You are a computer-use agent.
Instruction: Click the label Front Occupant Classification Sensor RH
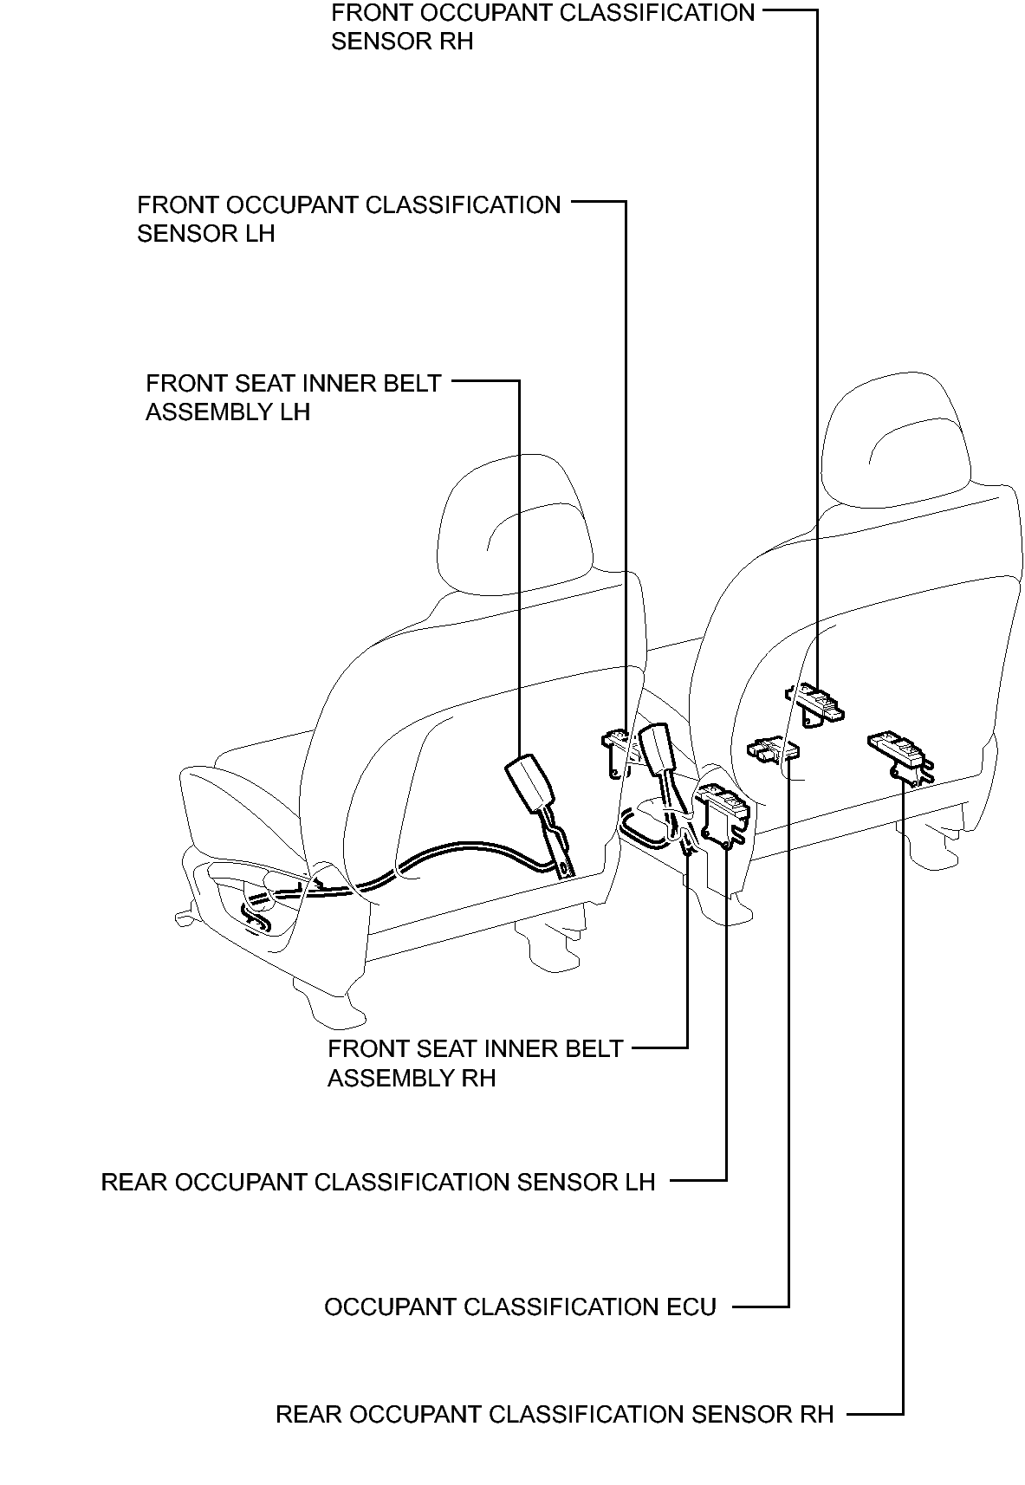click(x=543, y=27)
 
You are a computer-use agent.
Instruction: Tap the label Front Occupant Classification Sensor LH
click(x=348, y=219)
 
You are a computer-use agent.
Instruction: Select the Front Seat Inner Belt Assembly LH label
click(x=293, y=397)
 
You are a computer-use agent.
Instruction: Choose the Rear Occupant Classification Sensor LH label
click(x=378, y=1182)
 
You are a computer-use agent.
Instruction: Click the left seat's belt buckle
click(x=528, y=783)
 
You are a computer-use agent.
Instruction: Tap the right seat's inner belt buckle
click(x=657, y=749)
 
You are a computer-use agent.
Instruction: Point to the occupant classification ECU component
click(x=772, y=749)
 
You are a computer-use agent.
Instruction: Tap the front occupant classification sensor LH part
click(x=617, y=751)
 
